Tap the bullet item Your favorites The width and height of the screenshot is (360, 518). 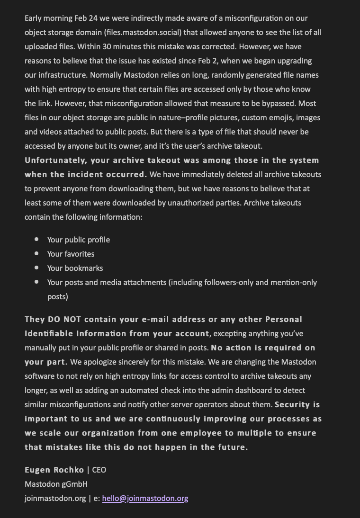coord(71,254)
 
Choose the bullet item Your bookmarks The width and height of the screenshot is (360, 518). coord(75,268)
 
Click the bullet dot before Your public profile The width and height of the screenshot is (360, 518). coord(36,240)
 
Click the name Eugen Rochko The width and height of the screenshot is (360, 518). coord(54,470)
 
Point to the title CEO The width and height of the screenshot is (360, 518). coord(99,470)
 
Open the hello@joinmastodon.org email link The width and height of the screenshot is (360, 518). coord(145,499)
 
